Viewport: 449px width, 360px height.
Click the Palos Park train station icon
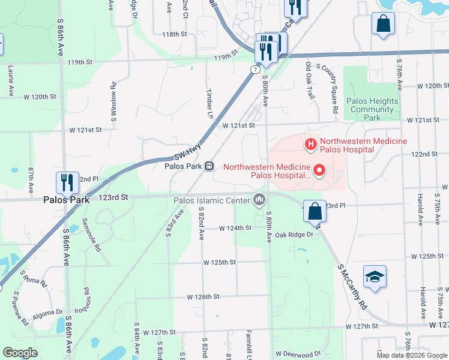(209, 166)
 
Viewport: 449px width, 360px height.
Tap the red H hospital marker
(311, 143)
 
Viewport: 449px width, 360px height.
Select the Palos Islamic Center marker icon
(259, 199)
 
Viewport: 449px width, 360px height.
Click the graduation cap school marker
(375, 277)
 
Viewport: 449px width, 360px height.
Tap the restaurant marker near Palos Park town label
(66, 182)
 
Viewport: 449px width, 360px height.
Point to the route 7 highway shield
(256, 70)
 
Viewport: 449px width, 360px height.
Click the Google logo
(20, 353)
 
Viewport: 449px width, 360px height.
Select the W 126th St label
(203, 297)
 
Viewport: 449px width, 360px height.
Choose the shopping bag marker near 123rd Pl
(315, 211)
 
